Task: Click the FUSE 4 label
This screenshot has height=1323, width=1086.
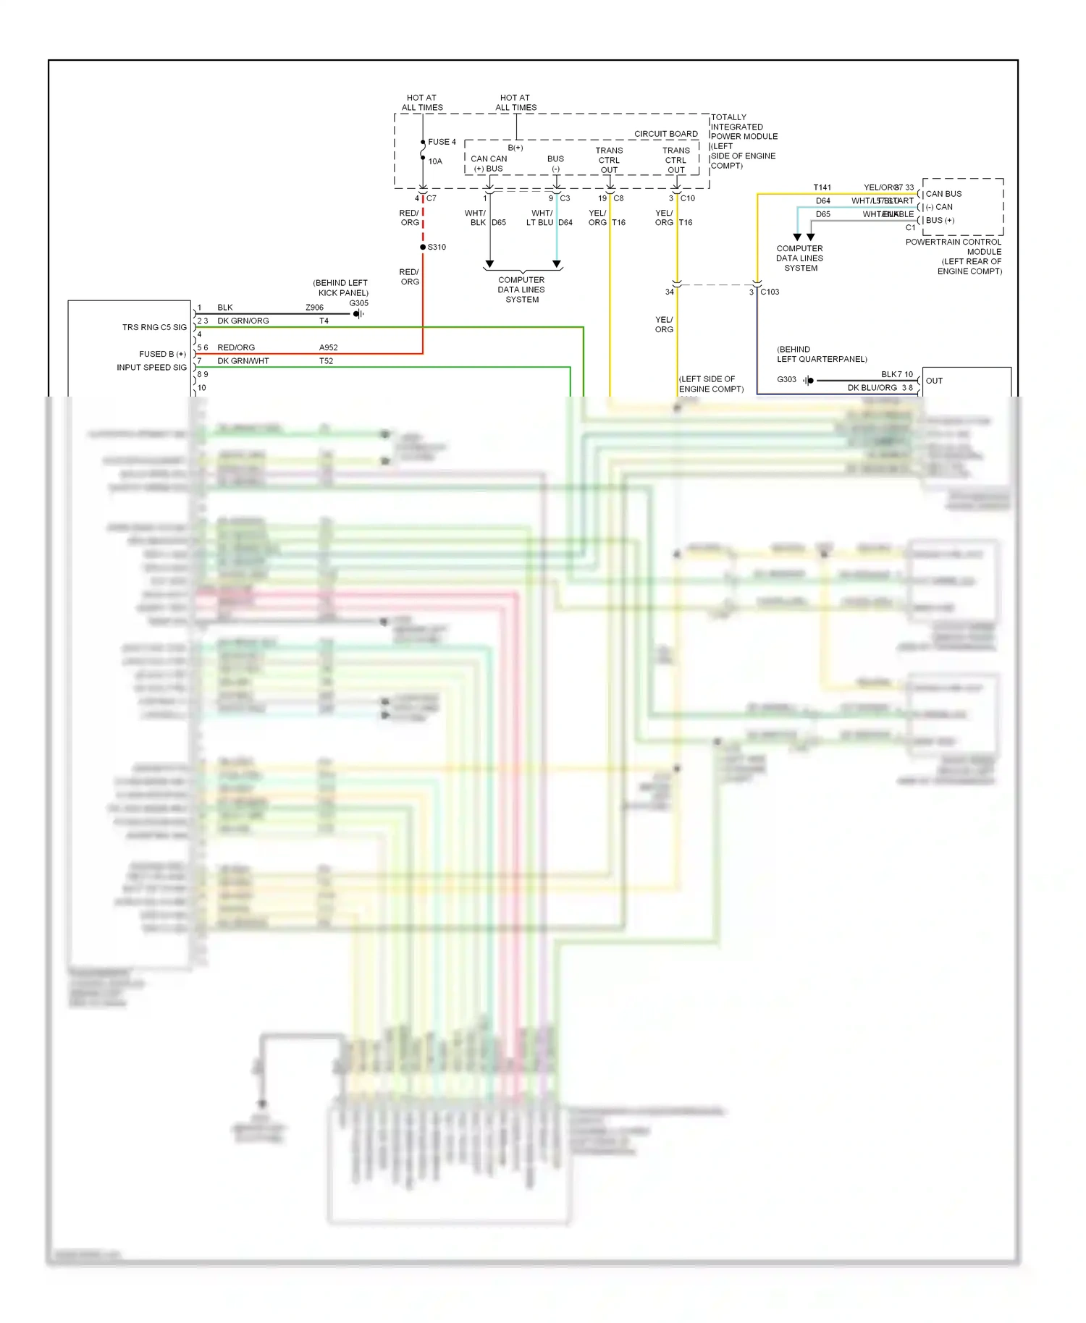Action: (x=442, y=142)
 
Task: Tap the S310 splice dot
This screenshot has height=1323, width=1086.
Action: (x=423, y=247)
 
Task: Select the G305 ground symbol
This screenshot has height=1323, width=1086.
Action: (x=358, y=313)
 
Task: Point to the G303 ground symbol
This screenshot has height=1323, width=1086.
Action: (x=809, y=380)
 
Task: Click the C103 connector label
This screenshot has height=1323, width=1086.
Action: (x=770, y=292)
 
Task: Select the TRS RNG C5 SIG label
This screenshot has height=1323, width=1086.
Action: (x=154, y=327)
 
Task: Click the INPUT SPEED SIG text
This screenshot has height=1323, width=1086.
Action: (x=151, y=367)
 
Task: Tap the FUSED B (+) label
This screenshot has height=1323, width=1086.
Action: (x=162, y=354)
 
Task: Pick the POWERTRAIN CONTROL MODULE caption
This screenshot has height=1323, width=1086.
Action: (x=954, y=247)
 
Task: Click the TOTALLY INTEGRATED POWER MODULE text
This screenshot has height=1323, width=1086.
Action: (x=744, y=127)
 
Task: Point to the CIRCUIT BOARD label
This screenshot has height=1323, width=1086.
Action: (x=665, y=134)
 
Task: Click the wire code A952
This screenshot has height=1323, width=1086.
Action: (x=329, y=347)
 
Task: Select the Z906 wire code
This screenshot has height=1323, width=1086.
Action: (x=314, y=308)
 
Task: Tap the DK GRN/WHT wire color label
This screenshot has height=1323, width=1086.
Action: (x=243, y=360)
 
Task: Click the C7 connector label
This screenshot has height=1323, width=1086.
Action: (x=432, y=198)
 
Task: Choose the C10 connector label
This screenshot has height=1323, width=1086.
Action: (x=687, y=198)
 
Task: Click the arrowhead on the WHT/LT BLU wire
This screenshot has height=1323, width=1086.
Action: (x=556, y=264)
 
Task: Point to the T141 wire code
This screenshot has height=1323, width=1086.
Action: (x=822, y=187)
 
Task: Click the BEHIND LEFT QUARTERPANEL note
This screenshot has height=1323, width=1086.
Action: (x=822, y=354)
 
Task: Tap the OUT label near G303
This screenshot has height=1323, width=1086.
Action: (x=934, y=381)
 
